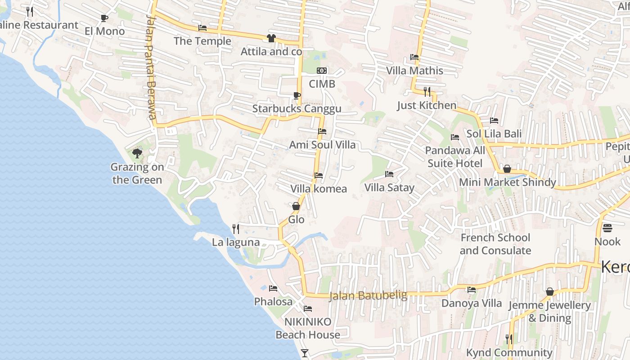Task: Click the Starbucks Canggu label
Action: (297, 108)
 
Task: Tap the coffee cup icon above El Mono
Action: (104, 18)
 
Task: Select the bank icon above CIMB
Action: (322, 71)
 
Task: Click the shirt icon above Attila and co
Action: (271, 38)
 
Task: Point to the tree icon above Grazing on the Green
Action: (137, 154)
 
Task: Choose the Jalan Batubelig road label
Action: (368, 296)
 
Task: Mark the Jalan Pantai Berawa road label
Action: (151, 67)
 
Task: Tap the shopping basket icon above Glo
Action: (296, 206)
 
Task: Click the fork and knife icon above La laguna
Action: (236, 229)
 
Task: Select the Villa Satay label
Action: (389, 187)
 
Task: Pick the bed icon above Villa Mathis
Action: (414, 57)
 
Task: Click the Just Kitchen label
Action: (427, 105)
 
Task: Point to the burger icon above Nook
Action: (607, 228)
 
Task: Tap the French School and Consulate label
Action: (495, 244)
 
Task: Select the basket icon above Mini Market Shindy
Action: (507, 169)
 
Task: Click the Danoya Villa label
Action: (471, 303)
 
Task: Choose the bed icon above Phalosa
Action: (273, 288)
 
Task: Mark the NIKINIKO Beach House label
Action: (308, 328)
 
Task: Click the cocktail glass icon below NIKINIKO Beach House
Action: (305, 353)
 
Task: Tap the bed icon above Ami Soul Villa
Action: (322, 131)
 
